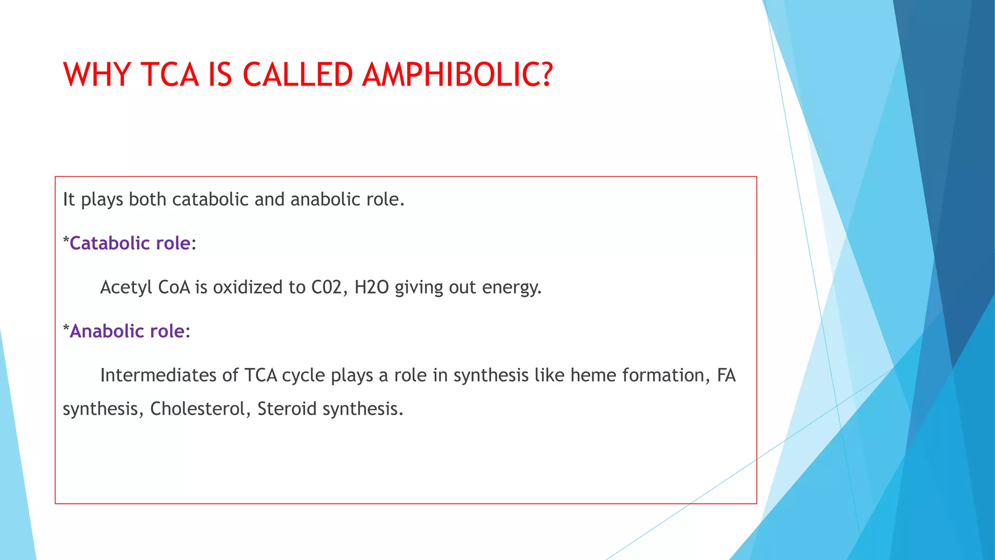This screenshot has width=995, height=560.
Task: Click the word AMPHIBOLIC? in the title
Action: (457, 75)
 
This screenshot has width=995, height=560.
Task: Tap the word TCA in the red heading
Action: (170, 75)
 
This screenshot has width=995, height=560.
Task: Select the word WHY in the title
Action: (97, 75)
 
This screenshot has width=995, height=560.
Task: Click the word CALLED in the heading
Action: (297, 75)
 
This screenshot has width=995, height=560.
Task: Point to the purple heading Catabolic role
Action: (130, 243)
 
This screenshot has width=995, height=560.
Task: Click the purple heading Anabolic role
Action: (127, 331)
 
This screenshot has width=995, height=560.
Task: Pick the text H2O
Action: (372, 287)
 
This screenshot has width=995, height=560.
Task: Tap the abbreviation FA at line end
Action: (726, 375)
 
